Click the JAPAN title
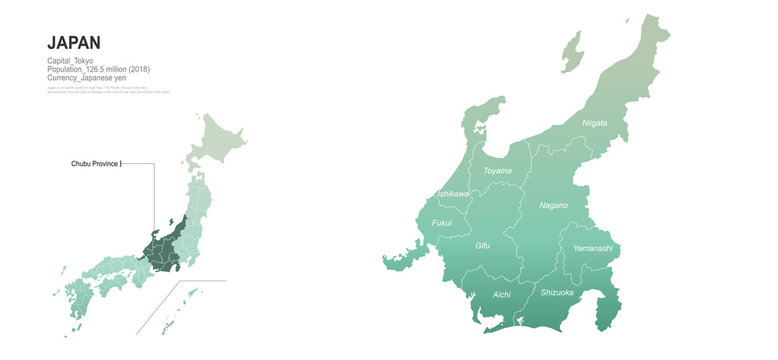(x=74, y=42)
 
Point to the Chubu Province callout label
(x=96, y=162)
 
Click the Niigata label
(x=594, y=123)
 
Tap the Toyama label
(x=497, y=171)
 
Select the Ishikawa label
(x=453, y=193)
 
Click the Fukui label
(x=442, y=223)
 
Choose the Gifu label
(x=482, y=245)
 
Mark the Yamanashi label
(x=592, y=247)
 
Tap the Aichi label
(x=502, y=295)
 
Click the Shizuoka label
(x=557, y=292)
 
